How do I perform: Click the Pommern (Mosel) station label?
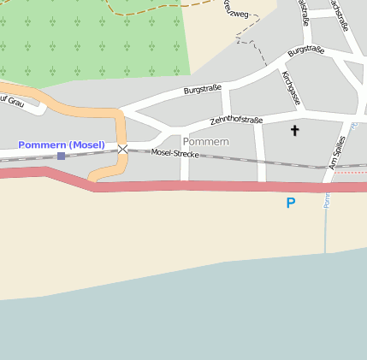tap(62, 145)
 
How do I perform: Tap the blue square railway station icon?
tap(61, 156)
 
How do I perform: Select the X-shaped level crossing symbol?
tap(122, 150)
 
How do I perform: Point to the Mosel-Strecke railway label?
tap(175, 155)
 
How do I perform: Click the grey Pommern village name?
tap(206, 141)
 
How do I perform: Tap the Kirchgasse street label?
tap(291, 89)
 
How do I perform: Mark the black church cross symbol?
tap(295, 131)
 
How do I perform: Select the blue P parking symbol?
tap(291, 204)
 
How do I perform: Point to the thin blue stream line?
tap(326, 222)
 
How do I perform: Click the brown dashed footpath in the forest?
tap(154, 10)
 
